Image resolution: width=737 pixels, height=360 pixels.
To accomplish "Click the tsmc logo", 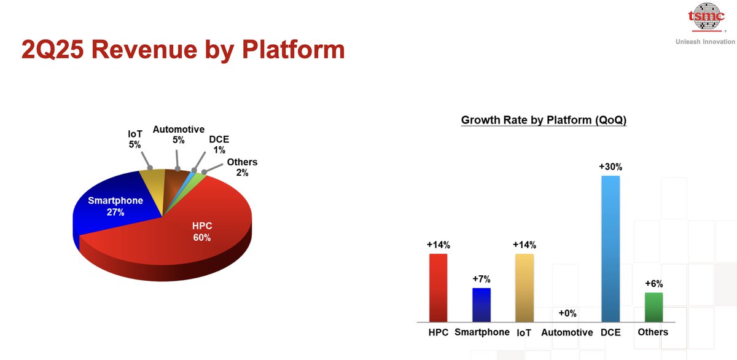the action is coord(706,17).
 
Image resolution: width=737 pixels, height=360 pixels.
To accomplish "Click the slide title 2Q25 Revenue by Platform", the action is coord(183,50).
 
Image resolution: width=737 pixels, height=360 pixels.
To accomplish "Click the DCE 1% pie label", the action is coord(219,144).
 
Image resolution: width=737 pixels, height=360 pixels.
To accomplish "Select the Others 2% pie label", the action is coord(242,167).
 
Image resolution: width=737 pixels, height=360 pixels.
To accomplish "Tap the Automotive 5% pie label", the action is coord(178,135).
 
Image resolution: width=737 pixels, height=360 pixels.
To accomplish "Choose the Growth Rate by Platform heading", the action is coord(544,120).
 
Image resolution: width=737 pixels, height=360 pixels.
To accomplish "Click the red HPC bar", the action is coord(439,288).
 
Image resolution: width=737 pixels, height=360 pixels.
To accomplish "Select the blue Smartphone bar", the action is coord(482,305).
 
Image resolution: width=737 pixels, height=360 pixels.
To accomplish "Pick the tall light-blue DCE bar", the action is coord(610,249).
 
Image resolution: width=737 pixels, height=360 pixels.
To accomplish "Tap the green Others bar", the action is coord(653,307).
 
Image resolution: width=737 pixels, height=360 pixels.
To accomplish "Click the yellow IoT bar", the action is coord(524,288).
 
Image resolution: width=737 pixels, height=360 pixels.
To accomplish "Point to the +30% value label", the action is coord(610,167).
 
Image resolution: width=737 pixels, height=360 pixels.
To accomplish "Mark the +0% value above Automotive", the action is coord(567,313).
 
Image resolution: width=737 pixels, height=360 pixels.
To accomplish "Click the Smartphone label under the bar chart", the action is coord(482,332).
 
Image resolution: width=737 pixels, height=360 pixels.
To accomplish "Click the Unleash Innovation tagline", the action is coord(705,42).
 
